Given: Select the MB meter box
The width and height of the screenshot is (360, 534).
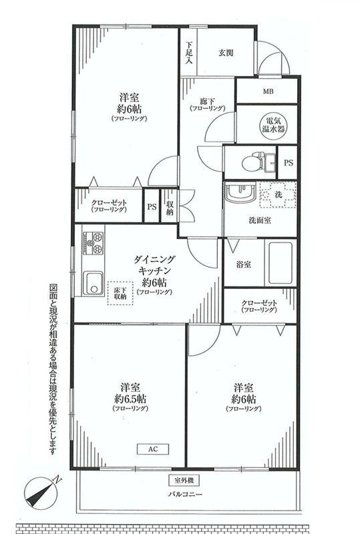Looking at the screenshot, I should coord(266,91).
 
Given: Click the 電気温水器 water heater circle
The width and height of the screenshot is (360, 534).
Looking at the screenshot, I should coord(273,124).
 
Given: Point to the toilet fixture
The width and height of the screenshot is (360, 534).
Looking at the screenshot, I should coord(248,161).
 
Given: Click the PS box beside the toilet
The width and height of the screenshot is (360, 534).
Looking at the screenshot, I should coord(288,162).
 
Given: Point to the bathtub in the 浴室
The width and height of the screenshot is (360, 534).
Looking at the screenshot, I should coord(281,263).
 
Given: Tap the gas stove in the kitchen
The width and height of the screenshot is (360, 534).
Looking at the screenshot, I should coord(92,241).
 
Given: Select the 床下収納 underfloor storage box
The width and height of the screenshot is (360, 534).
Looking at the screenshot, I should coord(121,292).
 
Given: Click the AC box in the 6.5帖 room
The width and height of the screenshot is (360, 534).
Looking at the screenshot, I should coord(153,449).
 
